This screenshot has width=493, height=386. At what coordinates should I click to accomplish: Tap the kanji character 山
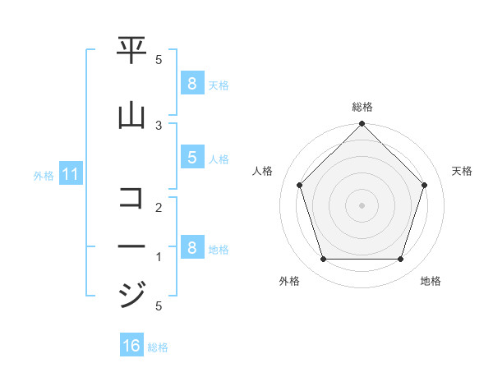(x=131, y=117)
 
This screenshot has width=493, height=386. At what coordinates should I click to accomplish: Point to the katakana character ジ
(x=131, y=293)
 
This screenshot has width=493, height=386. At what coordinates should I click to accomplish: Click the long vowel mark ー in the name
(x=131, y=246)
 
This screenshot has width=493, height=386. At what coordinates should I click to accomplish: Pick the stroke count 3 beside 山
(x=159, y=125)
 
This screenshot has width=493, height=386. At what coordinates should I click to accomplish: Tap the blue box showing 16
(x=131, y=346)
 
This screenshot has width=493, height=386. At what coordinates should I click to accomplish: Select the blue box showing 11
(x=70, y=174)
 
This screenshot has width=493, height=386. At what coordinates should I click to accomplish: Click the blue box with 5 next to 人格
(x=191, y=158)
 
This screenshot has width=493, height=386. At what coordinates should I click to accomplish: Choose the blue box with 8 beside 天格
(x=191, y=84)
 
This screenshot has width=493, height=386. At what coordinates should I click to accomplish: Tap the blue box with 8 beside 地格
(x=191, y=248)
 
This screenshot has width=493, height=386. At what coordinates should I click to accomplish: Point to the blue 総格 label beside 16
(x=158, y=347)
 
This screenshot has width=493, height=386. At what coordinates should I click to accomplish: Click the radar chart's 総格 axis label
(x=362, y=107)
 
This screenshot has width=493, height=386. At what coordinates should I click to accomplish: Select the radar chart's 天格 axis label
(x=462, y=171)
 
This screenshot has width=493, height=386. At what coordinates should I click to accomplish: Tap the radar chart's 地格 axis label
(x=431, y=281)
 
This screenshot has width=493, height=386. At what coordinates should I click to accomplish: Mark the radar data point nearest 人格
(x=299, y=185)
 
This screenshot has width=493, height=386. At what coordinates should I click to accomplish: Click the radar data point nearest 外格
(x=323, y=260)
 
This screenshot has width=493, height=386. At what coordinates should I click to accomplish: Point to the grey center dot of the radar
(x=362, y=205)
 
